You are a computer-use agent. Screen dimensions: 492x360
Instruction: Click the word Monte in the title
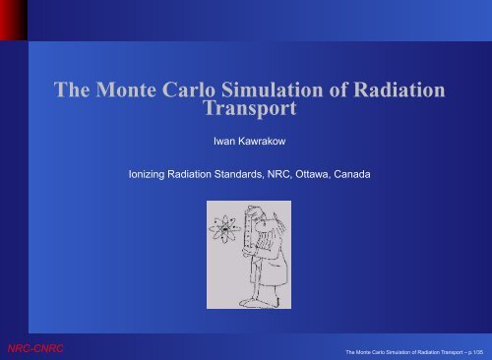pos(126,90)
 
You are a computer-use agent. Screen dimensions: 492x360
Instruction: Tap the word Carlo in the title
pos(189,90)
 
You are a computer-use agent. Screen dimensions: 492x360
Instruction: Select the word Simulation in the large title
pos(273,90)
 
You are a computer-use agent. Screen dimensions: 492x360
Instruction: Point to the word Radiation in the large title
pos(400,90)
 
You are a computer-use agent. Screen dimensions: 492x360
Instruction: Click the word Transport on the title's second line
pos(250,108)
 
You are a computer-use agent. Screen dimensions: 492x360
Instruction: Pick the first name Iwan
pos(224,142)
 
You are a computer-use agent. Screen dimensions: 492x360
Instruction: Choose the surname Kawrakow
pos(262,142)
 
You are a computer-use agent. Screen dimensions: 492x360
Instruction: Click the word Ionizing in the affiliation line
pos(147,174)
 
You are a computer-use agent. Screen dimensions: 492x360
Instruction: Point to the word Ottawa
pos(313,174)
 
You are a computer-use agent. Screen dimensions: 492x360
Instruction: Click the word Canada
pos(352,174)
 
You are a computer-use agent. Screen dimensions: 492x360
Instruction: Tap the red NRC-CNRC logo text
pos(35,348)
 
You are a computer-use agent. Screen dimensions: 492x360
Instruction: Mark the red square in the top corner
pos(14,20)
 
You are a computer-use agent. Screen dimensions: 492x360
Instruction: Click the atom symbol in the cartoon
pos(224,229)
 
